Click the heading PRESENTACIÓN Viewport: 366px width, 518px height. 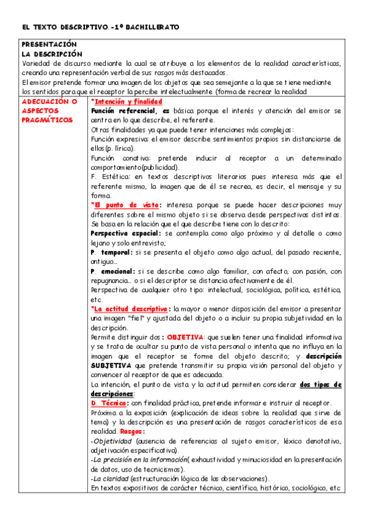point(49,45)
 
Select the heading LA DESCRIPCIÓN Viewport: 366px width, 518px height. point(49,54)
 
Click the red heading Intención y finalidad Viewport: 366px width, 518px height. point(126,101)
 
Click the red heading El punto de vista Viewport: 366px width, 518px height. point(125,205)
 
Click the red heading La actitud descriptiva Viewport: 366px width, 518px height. point(130,308)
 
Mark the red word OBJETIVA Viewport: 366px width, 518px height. point(186,337)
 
